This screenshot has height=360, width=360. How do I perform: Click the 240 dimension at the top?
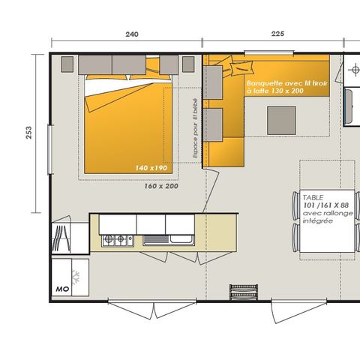132,34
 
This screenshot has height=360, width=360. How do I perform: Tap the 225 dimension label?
277,34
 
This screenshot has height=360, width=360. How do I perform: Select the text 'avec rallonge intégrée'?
319,217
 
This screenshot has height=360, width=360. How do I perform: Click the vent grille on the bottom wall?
240,289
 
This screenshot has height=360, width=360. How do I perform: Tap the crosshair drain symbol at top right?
352,70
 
